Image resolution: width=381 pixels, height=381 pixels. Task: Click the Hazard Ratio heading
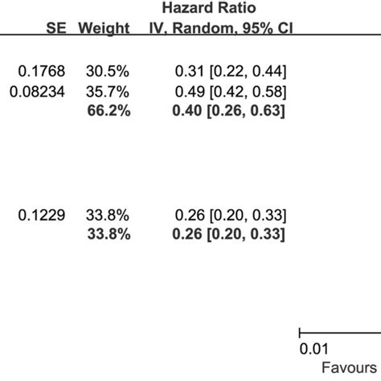tap(225, 9)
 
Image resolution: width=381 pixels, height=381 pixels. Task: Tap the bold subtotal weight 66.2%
tap(109, 111)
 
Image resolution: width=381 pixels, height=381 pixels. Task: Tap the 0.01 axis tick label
tap(313, 349)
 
